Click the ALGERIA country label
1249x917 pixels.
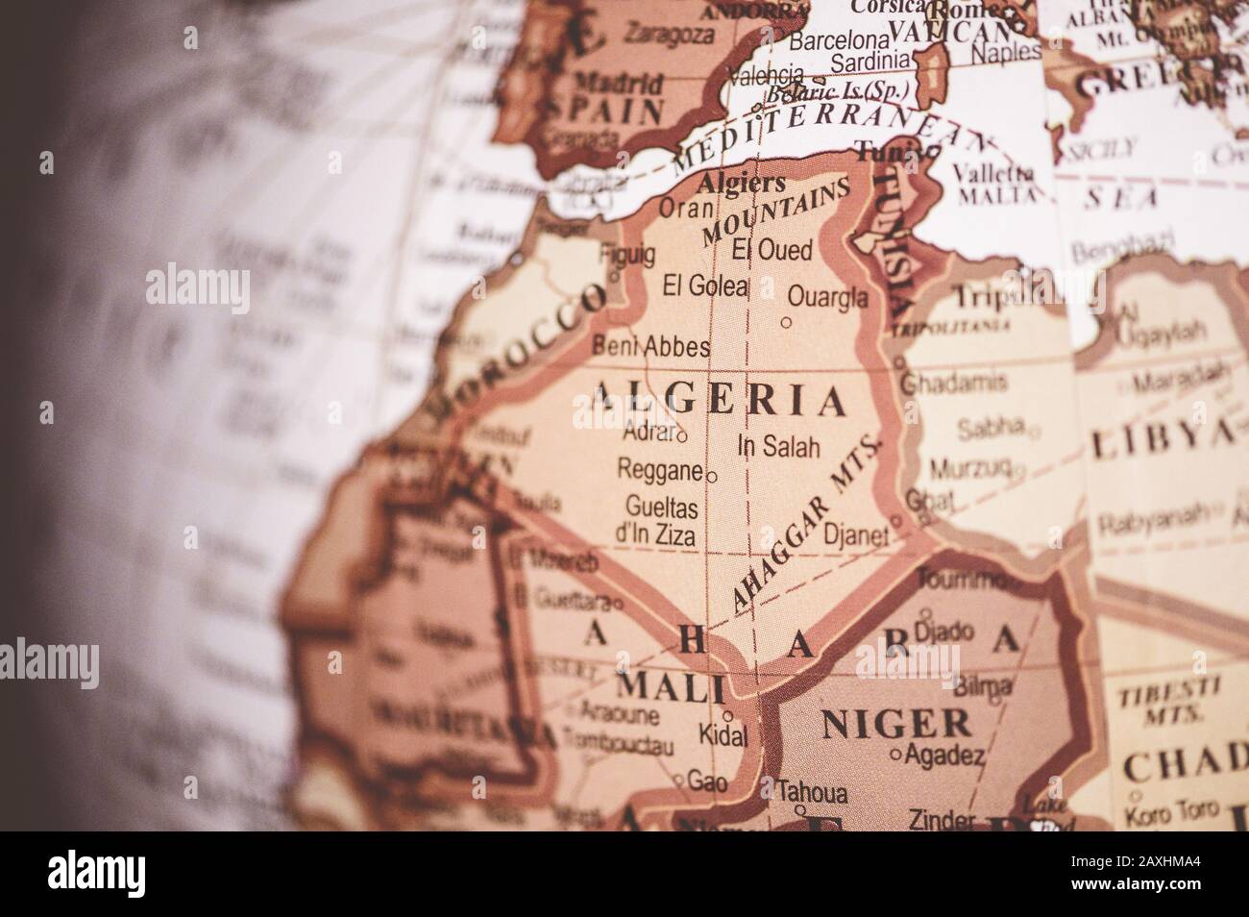coord(720,399)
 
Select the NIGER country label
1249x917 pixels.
coord(894,724)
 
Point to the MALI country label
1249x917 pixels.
coord(670,686)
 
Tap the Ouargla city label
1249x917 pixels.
coord(826,296)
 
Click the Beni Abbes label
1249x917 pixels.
coord(652,346)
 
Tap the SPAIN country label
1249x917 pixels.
coord(603,109)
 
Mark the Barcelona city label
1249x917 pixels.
coord(839,41)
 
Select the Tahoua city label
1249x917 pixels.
coord(813,794)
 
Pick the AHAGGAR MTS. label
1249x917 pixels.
coord(805,525)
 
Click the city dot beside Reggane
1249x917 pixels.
coord(711,476)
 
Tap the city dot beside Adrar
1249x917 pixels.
coord(682,436)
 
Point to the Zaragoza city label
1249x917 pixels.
coord(669,36)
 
